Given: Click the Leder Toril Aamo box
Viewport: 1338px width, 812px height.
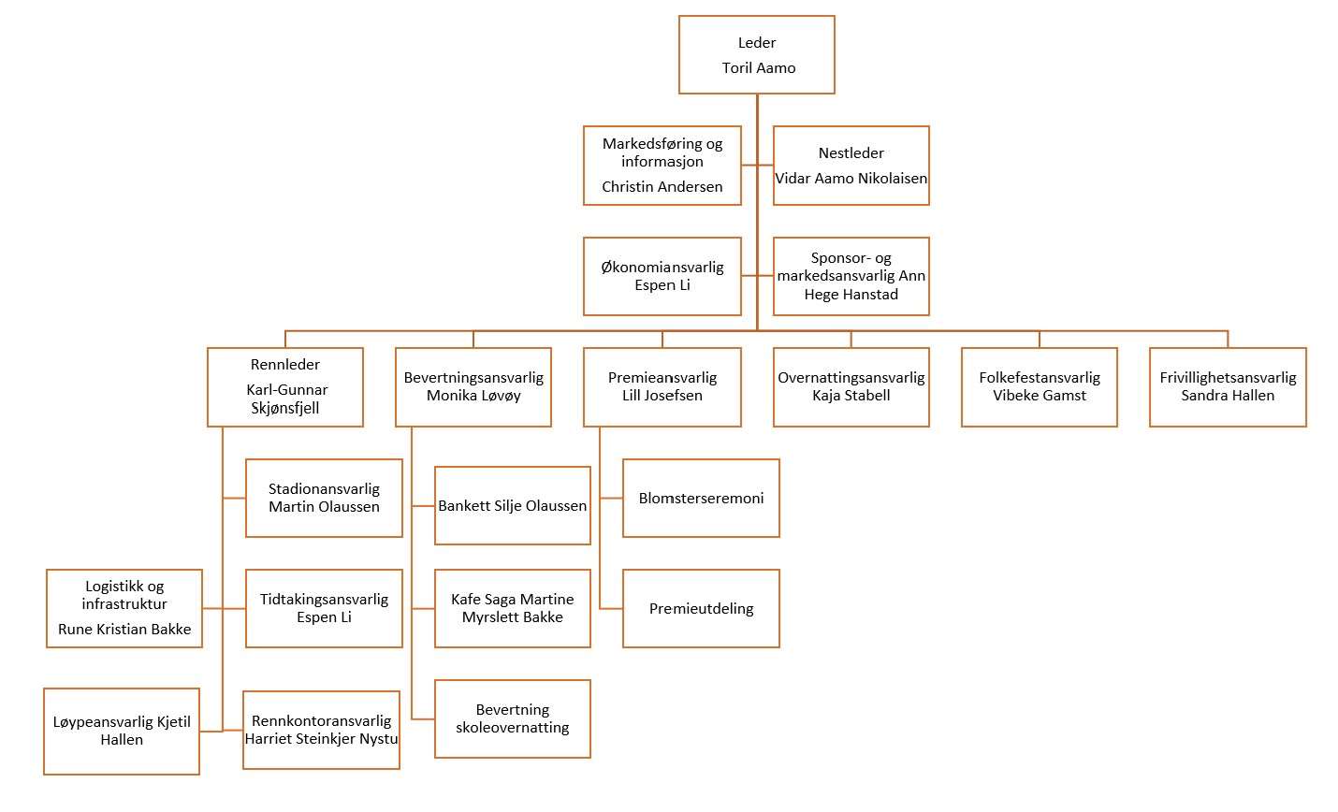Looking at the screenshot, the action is [x=757, y=55].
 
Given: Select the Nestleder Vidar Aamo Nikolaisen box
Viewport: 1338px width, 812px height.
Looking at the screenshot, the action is [x=851, y=166].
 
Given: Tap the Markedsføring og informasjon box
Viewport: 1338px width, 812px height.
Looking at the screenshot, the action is [x=662, y=166].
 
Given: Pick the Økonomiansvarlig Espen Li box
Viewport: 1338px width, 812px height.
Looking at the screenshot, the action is [x=662, y=276].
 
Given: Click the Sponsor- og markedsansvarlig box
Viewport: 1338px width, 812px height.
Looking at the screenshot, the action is [x=851, y=276].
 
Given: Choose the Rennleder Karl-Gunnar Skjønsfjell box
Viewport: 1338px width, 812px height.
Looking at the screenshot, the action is [x=285, y=387].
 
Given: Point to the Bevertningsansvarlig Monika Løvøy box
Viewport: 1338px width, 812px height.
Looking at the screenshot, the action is [x=473, y=387].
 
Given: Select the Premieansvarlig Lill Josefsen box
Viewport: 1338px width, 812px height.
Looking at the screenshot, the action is [x=662, y=387].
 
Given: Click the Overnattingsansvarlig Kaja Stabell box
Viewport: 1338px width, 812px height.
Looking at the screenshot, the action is [x=851, y=387].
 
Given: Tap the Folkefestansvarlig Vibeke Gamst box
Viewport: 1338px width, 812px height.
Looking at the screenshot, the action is [x=1040, y=387].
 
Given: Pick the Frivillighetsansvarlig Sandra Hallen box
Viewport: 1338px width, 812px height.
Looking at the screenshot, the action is [x=1229, y=387].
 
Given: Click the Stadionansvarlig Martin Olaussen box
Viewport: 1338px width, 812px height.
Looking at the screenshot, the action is [x=325, y=498].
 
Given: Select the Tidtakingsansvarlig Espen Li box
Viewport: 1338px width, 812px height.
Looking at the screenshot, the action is [x=325, y=608].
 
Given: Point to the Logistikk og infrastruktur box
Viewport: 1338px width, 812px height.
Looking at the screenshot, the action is [x=124, y=608].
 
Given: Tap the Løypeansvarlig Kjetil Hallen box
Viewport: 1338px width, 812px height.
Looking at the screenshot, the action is [x=122, y=731].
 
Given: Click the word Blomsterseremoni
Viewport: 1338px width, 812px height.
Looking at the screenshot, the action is [x=701, y=498].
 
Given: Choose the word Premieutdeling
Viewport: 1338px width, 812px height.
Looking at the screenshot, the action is [x=701, y=608].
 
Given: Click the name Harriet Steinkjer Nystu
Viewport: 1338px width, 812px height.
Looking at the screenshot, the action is [x=321, y=739].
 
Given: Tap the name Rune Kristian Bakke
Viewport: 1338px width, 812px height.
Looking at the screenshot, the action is [x=124, y=630].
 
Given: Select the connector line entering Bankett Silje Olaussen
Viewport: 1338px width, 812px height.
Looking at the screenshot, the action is [x=423, y=506].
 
